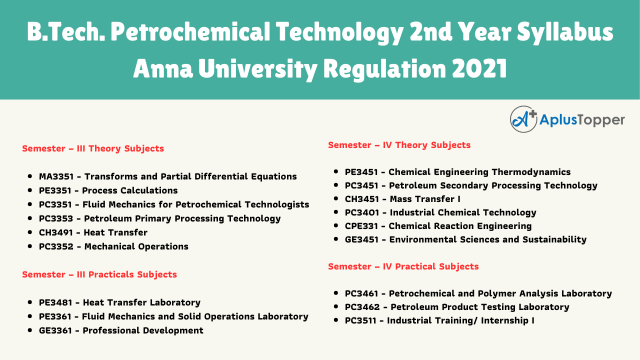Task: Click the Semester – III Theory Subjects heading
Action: [x=93, y=148]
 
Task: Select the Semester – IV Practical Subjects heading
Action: [x=403, y=266]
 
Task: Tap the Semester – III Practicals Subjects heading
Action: [x=99, y=274]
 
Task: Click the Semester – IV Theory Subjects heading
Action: [x=399, y=145]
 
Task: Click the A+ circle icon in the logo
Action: [x=523, y=119]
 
